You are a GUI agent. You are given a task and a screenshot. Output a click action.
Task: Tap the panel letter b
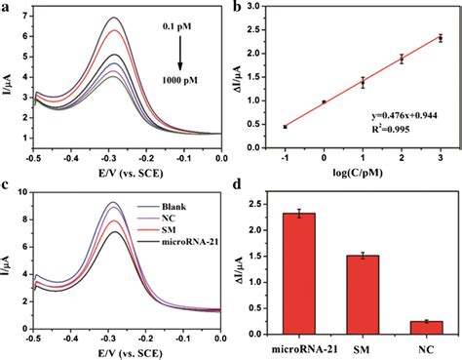click(x=241, y=8)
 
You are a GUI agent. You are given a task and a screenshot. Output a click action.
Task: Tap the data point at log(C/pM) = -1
click(x=286, y=127)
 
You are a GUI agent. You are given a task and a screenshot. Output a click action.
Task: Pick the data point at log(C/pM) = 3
click(x=440, y=38)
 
